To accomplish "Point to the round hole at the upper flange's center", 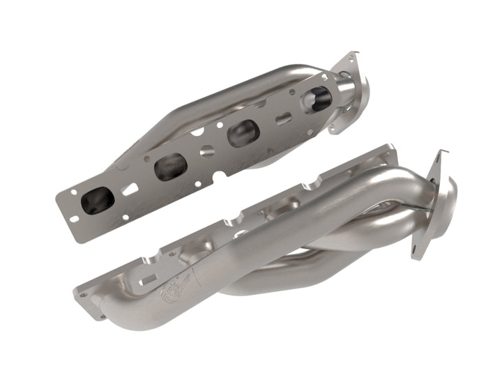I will (x=206, y=151).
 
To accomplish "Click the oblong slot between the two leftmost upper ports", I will (x=130, y=189).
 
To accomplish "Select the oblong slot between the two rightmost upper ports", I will (x=282, y=118).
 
